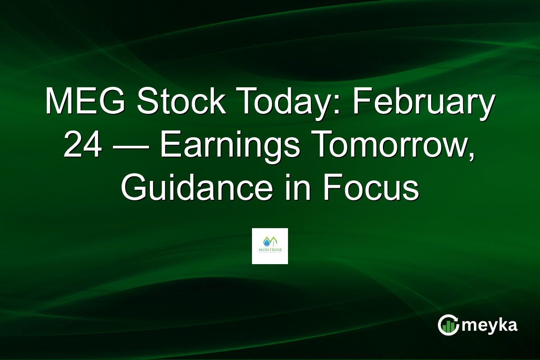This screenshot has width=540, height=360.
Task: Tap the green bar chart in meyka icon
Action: (448, 328)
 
